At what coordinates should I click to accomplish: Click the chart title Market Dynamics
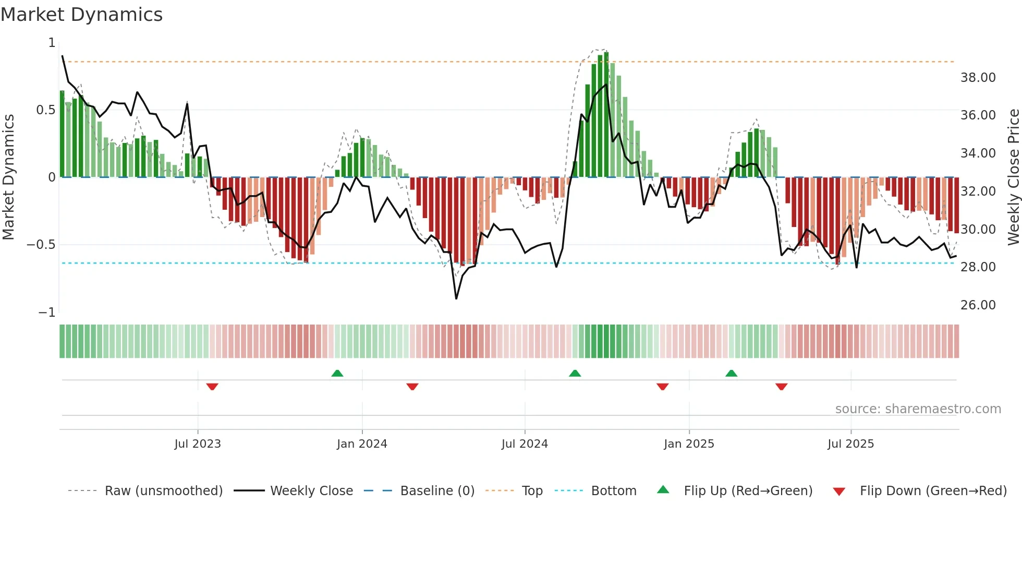(x=81, y=15)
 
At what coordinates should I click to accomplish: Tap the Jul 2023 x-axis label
(x=198, y=444)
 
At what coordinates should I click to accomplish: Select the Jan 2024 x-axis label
(x=362, y=444)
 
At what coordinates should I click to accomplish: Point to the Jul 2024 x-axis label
(x=525, y=444)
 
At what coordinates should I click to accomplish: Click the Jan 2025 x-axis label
(x=689, y=444)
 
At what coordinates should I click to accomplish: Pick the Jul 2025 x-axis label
(x=850, y=444)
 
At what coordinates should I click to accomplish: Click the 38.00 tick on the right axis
(x=978, y=78)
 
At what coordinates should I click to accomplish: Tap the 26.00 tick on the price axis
(x=978, y=305)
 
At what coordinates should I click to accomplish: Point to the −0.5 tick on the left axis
(x=41, y=245)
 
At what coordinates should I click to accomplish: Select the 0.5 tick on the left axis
(x=45, y=110)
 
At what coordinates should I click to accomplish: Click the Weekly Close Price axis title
(x=1013, y=177)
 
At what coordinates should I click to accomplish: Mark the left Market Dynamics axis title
(x=8, y=177)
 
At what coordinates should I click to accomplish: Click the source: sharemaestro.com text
(x=918, y=409)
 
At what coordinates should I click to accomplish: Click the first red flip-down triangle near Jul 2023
(x=212, y=387)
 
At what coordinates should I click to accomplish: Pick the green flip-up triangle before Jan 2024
(x=337, y=373)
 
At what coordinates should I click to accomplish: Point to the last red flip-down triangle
(x=781, y=387)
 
